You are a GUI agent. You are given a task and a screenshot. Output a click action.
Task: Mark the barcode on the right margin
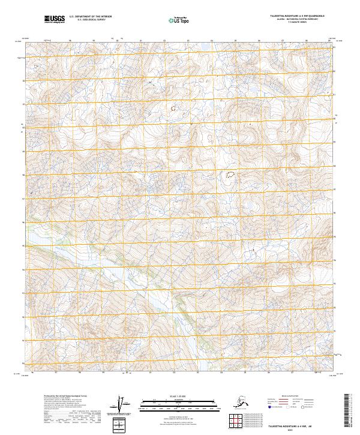(x=349, y=408)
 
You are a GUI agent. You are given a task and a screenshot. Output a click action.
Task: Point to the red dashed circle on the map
(x=174, y=109)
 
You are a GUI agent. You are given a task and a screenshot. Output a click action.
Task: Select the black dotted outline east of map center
(x=229, y=175)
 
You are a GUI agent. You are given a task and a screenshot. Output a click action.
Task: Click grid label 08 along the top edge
(x=306, y=41)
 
